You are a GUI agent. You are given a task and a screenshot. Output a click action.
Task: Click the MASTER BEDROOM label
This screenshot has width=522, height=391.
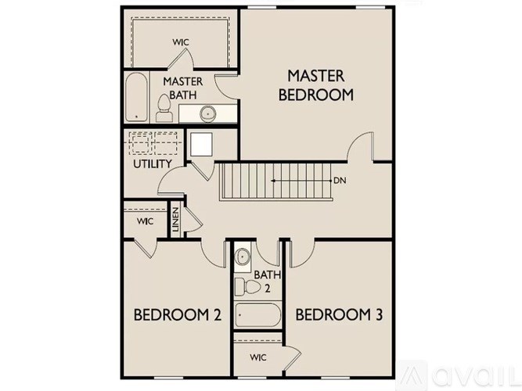pyautogui.click(x=316, y=85)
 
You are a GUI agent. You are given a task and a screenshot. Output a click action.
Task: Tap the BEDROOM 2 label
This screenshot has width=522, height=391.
pyautogui.click(x=178, y=315)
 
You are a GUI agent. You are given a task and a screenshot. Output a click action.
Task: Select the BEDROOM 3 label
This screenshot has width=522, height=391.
pyautogui.click(x=339, y=315)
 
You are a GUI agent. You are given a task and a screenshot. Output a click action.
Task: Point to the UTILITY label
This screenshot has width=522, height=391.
pyautogui.click(x=153, y=163)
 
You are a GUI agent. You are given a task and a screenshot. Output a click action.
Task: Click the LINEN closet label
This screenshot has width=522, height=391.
pyautogui.click(x=175, y=219)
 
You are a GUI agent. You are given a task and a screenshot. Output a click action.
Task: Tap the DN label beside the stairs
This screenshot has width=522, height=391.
pyautogui.click(x=340, y=181)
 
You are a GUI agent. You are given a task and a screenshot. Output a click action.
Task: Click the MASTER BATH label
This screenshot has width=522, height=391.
pyautogui.click(x=183, y=88)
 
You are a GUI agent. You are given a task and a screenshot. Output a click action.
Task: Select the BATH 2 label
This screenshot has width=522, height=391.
pyautogui.click(x=268, y=282)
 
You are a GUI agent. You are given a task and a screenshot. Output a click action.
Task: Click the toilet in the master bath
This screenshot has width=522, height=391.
pyautogui.click(x=164, y=108)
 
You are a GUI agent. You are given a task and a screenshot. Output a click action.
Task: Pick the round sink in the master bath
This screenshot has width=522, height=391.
pyautogui.click(x=208, y=114)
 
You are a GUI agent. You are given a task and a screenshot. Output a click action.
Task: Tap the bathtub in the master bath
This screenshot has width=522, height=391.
pyautogui.click(x=136, y=97)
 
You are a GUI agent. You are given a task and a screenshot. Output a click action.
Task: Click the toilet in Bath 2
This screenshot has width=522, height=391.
pyautogui.click(x=247, y=286)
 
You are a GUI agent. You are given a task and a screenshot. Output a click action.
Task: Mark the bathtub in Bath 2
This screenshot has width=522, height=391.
pyautogui.click(x=257, y=315)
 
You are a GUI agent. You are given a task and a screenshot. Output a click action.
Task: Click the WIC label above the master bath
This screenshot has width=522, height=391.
pyautogui.click(x=181, y=42)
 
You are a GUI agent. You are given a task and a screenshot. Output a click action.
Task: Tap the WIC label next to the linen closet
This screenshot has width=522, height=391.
pyautogui.click(x=145, y=221)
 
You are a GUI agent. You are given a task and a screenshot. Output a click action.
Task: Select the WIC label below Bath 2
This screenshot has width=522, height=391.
pyautogui.click(x=258, y=357)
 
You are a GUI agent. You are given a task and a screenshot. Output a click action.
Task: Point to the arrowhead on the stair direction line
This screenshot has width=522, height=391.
pyautogui.click(x=273, y=181)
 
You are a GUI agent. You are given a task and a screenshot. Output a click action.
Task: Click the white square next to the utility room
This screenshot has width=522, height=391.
pyautogui.click(x=201, y=145)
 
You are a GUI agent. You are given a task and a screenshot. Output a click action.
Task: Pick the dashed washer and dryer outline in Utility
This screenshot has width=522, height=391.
pyautogui.click(x=153, y=143)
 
